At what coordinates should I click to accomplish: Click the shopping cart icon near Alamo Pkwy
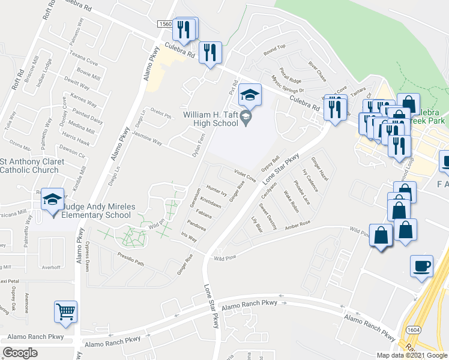pyautogui.click(x=65, y=311)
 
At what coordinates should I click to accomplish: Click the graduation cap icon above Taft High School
pyautogui.click(x=250, y=95)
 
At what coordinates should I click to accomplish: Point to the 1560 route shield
pyautogui.click(x=165, y=24)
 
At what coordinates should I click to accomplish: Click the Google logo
pyautogui.click(x=20, y=353)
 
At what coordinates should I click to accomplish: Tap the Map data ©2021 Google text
pyautogui.click(x=412, y=355)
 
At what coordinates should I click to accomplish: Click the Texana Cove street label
pyautogui.click(x=83, y=62)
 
